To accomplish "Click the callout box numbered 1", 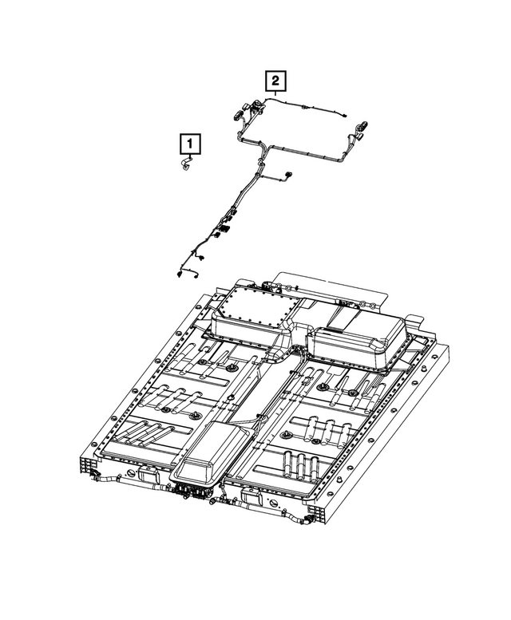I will coord(189,144).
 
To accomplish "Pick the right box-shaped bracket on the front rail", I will coord(255,502).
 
